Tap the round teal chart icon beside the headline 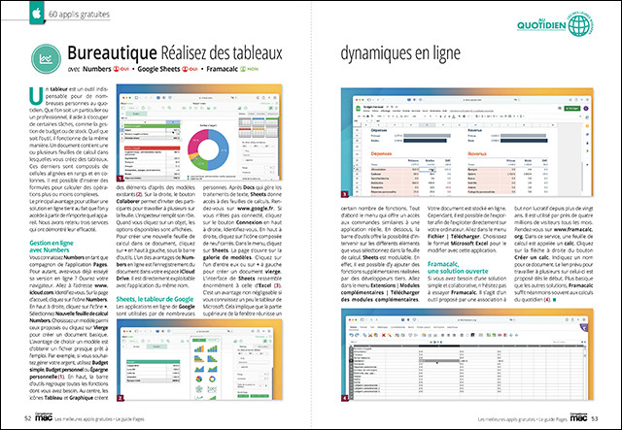point(47,59)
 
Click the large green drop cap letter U point(35,97)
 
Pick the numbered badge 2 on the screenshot point(121,397)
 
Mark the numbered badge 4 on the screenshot point(348,397)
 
